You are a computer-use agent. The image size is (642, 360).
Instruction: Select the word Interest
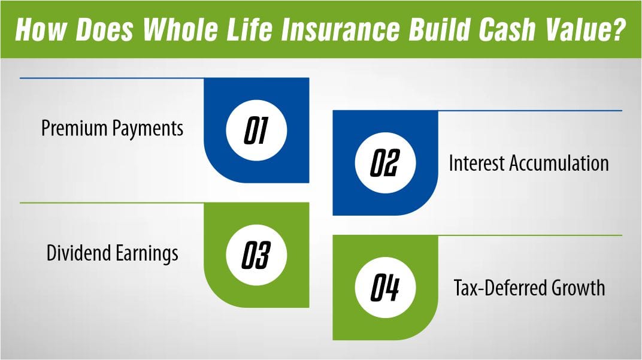tap(476, 163)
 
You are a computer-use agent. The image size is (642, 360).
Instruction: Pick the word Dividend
tap(77, 253)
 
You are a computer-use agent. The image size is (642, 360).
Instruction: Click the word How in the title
tap(40, 29)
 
